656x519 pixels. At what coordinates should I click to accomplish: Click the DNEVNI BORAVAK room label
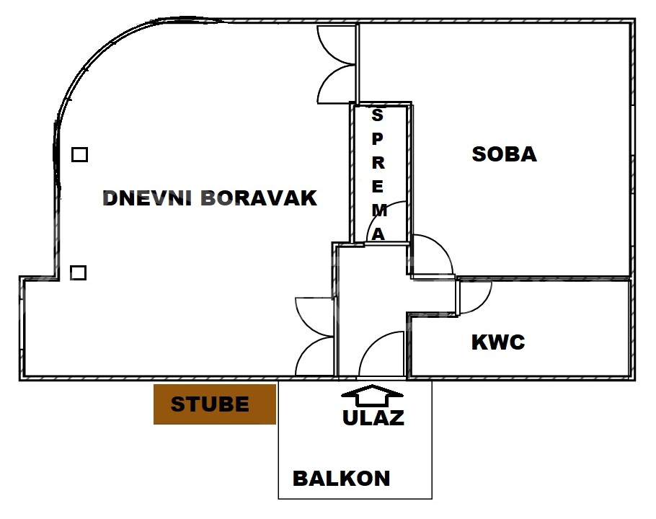210,198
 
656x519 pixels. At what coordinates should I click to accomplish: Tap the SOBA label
504,154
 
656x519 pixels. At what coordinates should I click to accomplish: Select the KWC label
498,342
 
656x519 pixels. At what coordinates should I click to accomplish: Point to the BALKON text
341,478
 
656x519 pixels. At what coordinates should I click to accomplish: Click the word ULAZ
373,417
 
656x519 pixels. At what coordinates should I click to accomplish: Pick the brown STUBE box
215,404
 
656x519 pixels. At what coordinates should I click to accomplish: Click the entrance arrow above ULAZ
373,394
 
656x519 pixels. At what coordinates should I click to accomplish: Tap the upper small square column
79,154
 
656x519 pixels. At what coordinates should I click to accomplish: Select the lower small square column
79,272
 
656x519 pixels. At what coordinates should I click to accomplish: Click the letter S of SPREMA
378,115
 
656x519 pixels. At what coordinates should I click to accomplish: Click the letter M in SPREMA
378,210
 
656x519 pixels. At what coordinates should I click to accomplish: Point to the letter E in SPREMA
378,187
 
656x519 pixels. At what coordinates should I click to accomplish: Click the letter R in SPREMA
378,163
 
